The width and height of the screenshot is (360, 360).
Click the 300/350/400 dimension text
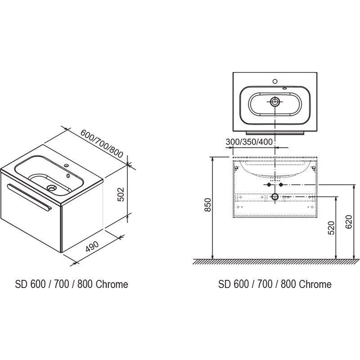249,142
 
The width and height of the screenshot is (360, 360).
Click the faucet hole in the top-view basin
275,82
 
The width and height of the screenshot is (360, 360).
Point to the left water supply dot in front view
269,185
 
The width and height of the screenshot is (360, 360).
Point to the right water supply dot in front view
281,185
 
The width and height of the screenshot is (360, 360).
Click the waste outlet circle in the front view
275,197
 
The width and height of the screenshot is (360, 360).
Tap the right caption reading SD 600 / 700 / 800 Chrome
275,284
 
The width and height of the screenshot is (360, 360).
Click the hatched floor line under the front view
274,261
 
